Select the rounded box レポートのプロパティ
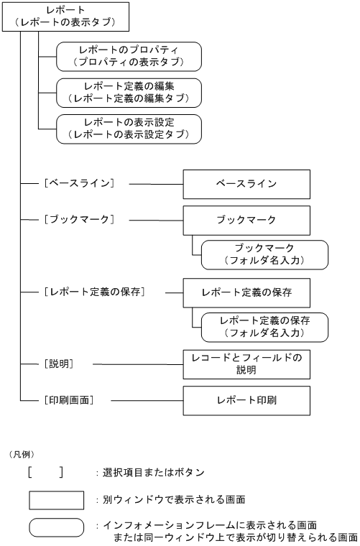129,55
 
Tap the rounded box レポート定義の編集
129,91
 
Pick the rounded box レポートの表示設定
129,127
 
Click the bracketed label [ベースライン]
80,184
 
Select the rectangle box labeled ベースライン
246,184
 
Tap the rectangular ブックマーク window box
246,219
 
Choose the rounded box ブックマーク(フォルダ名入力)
264,254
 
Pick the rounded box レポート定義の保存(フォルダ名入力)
264,326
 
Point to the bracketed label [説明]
60,364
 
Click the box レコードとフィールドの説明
246,365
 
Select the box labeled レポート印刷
246,399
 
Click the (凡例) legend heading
22,454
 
